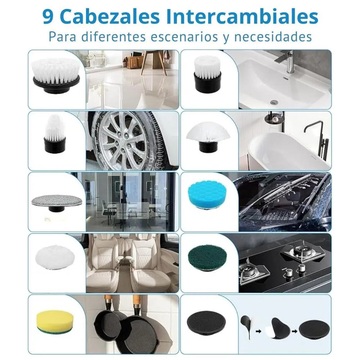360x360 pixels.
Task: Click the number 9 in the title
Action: click(x=48, y=17)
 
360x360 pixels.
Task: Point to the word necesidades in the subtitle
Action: click(x=273, y=37)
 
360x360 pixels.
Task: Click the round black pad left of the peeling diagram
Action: click(x=206, y=321)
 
